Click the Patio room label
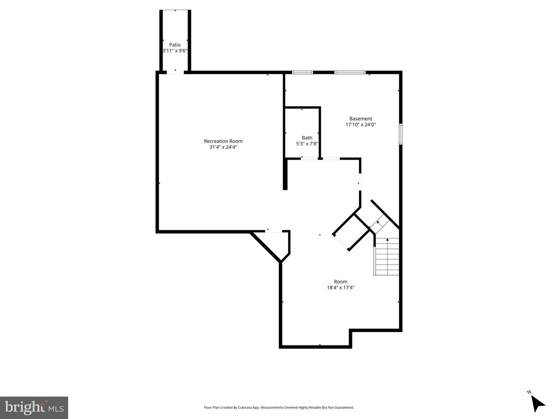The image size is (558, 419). (175, 45)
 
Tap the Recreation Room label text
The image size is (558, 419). (223, 141)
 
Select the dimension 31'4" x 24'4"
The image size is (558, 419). (223, 147)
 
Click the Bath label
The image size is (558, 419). (307, 138)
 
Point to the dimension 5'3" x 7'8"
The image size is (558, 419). (307, 144)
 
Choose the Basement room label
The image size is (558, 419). (360, 119)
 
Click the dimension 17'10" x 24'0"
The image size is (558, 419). (360, 125)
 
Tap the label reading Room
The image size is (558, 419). (341, 281)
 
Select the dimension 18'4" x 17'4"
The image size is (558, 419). (341, 288)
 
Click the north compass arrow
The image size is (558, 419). (537, 403)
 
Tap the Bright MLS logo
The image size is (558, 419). (34, 407)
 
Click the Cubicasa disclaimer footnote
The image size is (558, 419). (279, 407)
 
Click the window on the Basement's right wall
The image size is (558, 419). (401, 134)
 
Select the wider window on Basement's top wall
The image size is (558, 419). (350, 72)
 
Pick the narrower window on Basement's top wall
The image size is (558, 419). (302, 72)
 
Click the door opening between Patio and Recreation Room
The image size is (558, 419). (175, 72)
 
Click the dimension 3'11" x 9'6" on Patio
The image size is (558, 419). (175, 51)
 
